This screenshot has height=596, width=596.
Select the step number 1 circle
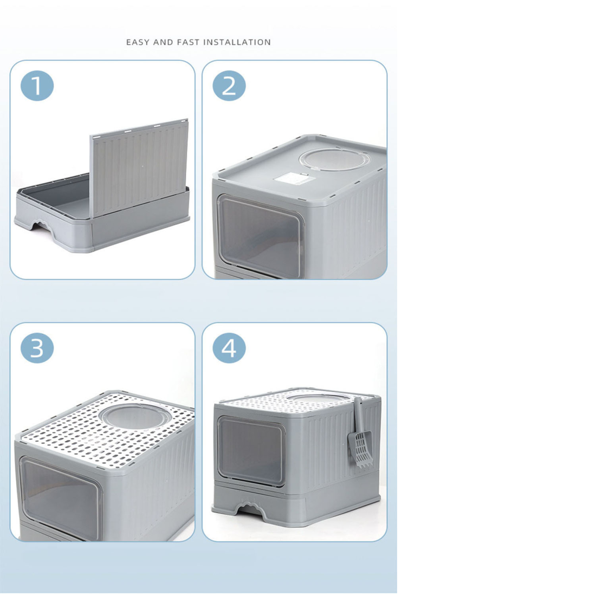point(37,86)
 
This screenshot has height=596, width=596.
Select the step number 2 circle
point(229,86)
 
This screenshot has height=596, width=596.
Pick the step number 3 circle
point(37,348)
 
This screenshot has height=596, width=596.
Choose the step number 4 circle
point(229,348)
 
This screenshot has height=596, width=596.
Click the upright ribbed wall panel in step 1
point(139,167)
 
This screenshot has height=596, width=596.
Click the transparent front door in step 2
point(261,235)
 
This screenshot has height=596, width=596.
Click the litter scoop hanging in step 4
point(359,433)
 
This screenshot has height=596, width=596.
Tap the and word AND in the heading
point(163,42)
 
